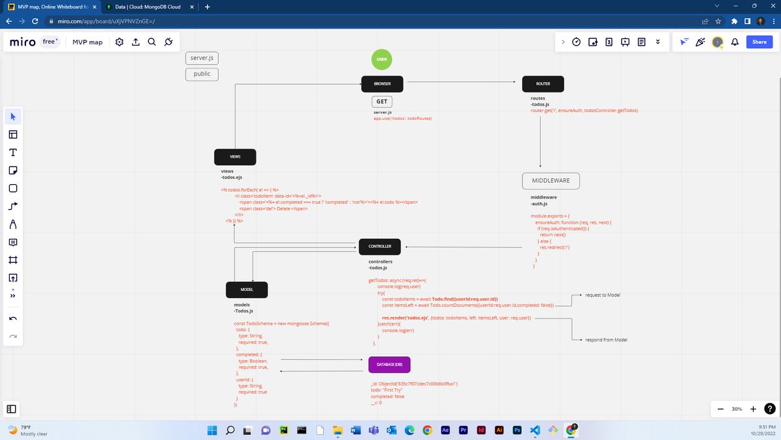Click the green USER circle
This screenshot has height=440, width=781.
pyautogui.click(x=382, y=59)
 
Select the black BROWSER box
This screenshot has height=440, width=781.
pyautogui.click(x=382, y=84)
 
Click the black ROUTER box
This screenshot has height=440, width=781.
pyautogui.click(x=543, y=84)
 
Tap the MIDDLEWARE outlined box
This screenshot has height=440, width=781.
pyautogui.click(x=551, y=180)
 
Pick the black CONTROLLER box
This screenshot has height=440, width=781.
pyautogui.click(x=379, y=247)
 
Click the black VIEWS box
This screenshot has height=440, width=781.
pyautogui.click(x=235, y=157)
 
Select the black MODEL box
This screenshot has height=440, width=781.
pyautogui.click(x=247, y=290)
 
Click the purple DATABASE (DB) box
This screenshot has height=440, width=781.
pyautogui.click(x=389, y=364)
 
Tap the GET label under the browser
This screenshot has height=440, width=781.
pyautogui.click(x=382, y=102)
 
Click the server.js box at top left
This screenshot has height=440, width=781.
pyautogui.click(x=202, y=58)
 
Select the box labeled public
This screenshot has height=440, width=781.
pyautogui.click(x=202, y=74)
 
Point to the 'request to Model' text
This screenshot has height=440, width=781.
pyautogui.click(x=602, y=296)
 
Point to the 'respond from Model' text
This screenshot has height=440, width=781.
pyautogui.click(x=606, y=340)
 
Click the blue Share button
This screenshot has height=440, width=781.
pyautogui.click(x=760, y=42)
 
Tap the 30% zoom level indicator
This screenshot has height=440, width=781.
pyautogui.click(x=737, y=409)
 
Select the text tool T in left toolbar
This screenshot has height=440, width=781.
pyautogui.click(x=12, y=152)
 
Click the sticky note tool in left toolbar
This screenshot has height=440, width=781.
pyautogui.click(x=12, y=171)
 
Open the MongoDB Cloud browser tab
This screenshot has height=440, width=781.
pyautogui.click(x=147, y=7)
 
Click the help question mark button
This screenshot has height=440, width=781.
pyautogui.click(x=769, y=409)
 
